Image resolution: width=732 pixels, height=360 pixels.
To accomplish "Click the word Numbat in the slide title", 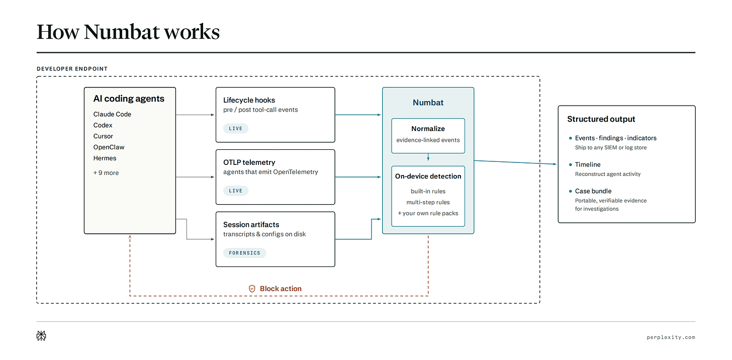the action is point(122,32).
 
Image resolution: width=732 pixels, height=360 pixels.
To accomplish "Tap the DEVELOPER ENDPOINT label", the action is point(72,69).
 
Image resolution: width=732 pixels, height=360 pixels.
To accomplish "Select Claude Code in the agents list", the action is point(112,114).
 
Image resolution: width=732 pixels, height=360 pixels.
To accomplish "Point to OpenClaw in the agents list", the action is point(109,147).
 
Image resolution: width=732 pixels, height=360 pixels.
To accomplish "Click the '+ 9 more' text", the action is point(106,173).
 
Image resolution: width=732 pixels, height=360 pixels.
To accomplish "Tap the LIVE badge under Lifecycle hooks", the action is point(236,128).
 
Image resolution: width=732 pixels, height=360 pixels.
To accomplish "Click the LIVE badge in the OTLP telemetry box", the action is point(236,191).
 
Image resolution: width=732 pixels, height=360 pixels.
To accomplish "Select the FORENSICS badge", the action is point(244,253).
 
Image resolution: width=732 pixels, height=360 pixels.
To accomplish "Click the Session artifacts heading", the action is point(251,224).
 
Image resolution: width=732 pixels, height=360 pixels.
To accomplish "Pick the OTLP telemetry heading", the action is point(249,162).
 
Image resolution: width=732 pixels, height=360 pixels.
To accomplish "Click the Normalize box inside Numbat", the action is point(428,136).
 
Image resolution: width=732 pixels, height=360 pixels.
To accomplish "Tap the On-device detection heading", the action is point(428,176).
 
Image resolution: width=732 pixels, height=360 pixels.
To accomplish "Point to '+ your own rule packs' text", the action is point(428,213).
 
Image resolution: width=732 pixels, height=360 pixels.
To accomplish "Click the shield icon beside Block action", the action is point(252,289).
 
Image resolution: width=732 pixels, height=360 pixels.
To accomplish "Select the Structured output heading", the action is point(601,119).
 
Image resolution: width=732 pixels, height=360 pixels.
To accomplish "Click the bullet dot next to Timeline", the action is point(571,164).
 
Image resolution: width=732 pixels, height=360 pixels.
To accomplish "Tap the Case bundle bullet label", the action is point(593,191).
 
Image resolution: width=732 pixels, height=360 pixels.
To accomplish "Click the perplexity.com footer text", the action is point(671,337).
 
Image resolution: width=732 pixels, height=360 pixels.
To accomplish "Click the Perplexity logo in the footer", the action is point(41,336).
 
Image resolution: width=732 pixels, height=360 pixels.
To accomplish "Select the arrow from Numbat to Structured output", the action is point(515,162).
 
